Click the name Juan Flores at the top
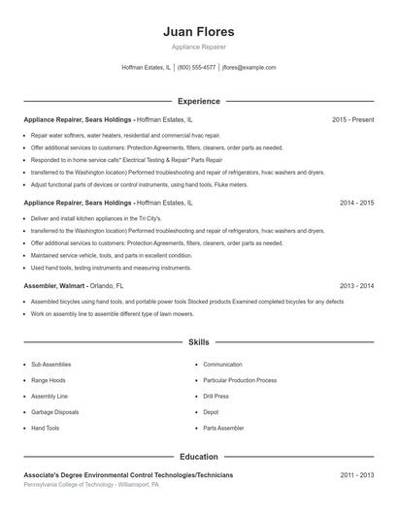coord(198,31)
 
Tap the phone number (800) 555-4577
coord(196,68)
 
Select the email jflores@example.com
coord(249,68)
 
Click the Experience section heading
coord(198,101)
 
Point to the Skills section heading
coord(198,342)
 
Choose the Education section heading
coord(198,455)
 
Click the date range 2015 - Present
coord(353,119)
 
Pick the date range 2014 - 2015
coord(357,204)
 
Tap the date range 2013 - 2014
coord(357,286)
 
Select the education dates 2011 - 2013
coord(357,475)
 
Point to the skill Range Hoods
coord(49,380)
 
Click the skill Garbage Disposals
coord(54,411)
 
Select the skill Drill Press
coord(216,396)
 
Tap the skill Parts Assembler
coord(222,427)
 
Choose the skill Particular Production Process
coord(240,380)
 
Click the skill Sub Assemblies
coord(50,365)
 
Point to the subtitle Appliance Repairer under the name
coord(198,48)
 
